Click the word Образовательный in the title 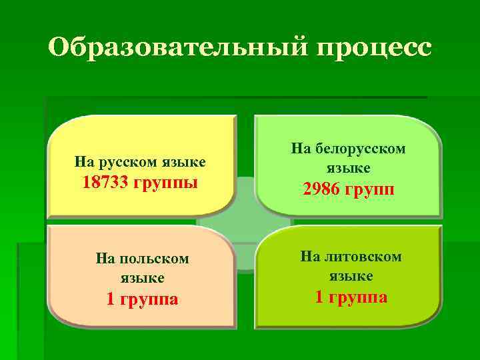pos(174,48)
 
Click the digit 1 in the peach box pos(111,299)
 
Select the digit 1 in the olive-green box pos(319,297)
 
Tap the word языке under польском pos(143,277)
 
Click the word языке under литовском pos(351,275)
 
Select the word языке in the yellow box pos(185,162)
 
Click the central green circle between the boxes pos(244,223)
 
